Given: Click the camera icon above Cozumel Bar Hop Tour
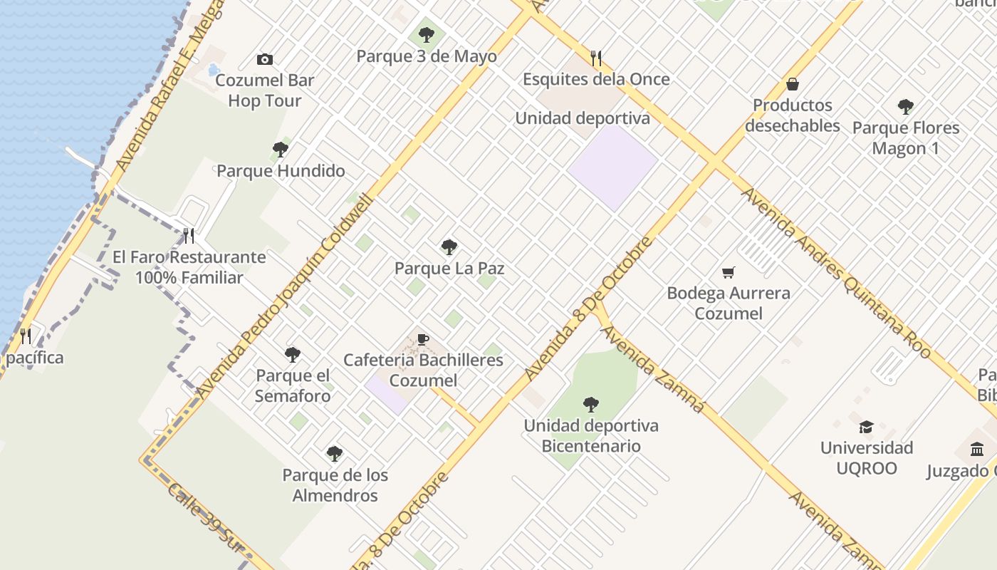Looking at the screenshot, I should (265, 59).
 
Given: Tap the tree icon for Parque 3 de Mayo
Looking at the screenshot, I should (427, 34).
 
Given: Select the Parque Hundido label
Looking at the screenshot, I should (281, 171).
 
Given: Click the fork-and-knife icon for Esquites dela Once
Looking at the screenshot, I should (596, 58).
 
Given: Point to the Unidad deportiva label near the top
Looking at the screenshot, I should (582, 118).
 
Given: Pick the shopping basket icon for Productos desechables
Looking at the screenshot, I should (792, 84).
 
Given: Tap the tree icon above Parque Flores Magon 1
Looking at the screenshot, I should (905, 107).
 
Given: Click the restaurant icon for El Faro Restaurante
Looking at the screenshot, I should (189, 235).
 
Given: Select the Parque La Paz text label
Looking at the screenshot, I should (449, 269).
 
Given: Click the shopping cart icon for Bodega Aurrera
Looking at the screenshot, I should (728, 272).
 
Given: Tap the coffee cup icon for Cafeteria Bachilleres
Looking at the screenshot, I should (423, 339).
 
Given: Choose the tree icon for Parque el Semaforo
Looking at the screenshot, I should (293, 354).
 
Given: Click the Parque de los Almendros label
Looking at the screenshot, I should (335, 485).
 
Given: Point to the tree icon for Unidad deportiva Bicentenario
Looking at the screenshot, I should (590, 405).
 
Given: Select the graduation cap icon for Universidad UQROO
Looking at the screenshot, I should (866, 427).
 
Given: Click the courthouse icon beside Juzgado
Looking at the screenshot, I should (977, 450).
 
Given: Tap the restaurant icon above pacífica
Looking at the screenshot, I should (26, 336).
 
